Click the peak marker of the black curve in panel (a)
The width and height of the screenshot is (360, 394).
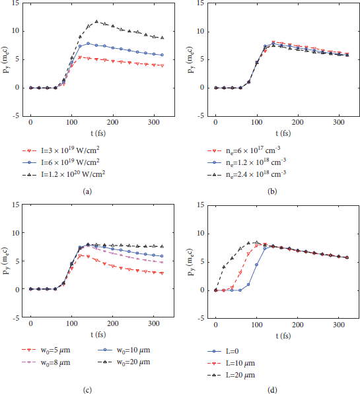coord(96,22)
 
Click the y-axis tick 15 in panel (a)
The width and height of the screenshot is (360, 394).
coord(15,3)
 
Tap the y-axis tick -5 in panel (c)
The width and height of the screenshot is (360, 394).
coord(15,317)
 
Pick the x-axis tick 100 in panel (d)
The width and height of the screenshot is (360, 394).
coord(257,325)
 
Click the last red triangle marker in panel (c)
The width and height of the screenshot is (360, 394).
coord(162,273)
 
